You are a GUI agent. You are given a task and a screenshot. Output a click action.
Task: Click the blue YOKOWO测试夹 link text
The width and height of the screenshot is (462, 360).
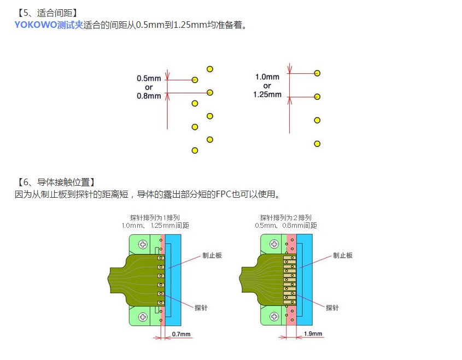(x=49, y=25)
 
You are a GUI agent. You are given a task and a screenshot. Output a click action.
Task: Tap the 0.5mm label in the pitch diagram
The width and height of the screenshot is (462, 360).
(x=149, y=78)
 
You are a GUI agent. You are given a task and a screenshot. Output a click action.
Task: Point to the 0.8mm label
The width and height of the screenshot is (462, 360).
(x=149, y=96)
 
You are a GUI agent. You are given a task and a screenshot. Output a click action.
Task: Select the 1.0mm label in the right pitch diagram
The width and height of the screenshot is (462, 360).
(x=267, y=77)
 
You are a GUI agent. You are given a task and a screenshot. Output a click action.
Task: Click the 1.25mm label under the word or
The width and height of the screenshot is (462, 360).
(x=267, y=95)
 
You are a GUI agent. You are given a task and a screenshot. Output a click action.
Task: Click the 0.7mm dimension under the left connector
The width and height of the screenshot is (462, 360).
(x=181, y=334)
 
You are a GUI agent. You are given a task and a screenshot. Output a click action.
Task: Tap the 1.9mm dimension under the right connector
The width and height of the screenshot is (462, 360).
(x=313, y=334)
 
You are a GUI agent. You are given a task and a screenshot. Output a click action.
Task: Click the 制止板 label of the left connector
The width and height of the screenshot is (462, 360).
(x=212, y=255)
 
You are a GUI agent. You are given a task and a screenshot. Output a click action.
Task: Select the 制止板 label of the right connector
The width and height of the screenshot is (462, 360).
(x=343, y=255)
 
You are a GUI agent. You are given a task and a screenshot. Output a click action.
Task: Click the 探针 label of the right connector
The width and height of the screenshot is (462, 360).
(x=332, y=308)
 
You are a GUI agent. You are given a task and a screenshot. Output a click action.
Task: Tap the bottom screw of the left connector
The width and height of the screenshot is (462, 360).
(x=143, y=316)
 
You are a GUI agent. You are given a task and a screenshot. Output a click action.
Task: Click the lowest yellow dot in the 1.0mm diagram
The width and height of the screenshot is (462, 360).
(x=317, y=144)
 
